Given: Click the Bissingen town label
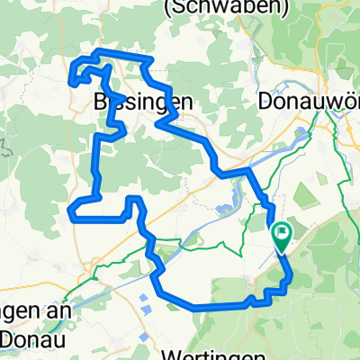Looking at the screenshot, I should (x=143, y=103).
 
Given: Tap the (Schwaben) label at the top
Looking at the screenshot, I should (x=238, y=8).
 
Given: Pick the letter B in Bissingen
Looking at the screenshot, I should (x=100, y=103).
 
